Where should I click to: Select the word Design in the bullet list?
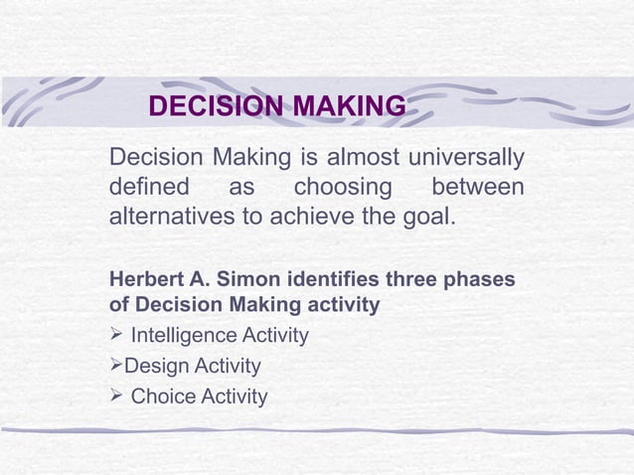point(153,367)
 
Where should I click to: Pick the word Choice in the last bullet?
point(163,397)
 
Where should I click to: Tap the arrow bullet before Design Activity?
point(115,367)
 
